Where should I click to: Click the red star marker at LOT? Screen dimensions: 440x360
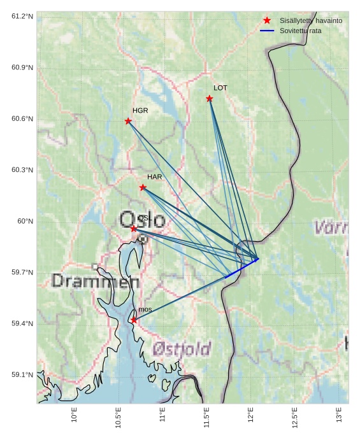click(210, 98)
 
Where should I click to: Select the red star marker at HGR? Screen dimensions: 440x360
click(128, 121)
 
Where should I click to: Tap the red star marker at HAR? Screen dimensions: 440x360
click(143, 187)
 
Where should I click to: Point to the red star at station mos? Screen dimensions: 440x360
click(134, 320)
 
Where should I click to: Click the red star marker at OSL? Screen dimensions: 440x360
click(133, 228)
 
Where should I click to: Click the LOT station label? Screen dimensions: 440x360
click(220, 88)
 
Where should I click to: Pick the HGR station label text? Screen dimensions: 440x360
click(140, 111)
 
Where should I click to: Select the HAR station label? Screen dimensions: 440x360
click(155, 177)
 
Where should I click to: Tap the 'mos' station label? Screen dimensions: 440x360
click(145, 309)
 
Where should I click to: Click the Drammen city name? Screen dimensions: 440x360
click(96, 281)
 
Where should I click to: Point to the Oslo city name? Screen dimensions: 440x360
click(143, 220)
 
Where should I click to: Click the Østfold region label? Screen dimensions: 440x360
click(182, 349)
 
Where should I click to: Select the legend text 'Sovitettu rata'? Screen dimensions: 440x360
click(301, 31)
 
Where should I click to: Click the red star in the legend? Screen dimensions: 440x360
click(267, 20)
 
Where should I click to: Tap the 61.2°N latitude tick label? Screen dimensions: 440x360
click(22, 16)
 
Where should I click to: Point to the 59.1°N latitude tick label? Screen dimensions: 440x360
click(22, 375)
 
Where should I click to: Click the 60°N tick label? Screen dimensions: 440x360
click(25, 221)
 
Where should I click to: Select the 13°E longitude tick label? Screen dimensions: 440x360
click(338, 415)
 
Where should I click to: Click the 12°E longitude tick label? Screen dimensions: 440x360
click(250, 415)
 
